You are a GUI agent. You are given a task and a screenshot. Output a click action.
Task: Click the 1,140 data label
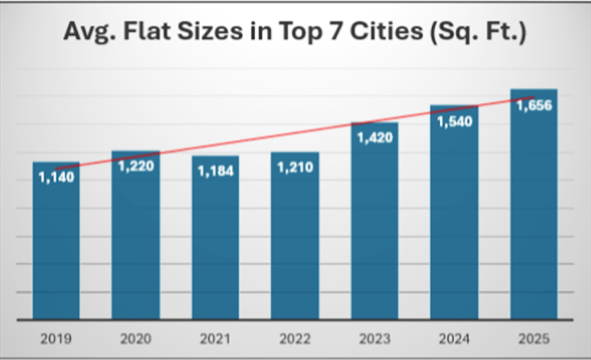click(57, 177)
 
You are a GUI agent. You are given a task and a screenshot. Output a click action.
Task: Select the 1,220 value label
click(136, 166)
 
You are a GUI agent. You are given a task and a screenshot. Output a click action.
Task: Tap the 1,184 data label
click(215, 171)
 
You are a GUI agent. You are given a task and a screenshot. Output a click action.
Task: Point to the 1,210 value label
click(295, 168)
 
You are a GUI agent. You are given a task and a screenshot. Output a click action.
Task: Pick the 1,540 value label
click(454, 121)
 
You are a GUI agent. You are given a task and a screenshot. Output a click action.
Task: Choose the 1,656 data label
click(534, 106)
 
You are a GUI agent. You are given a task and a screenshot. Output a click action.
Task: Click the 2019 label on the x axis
click(56, 338)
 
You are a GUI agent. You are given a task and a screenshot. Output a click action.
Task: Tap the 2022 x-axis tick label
click(294, 338)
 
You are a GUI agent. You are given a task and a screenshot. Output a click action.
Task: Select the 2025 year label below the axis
click(533, 338)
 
